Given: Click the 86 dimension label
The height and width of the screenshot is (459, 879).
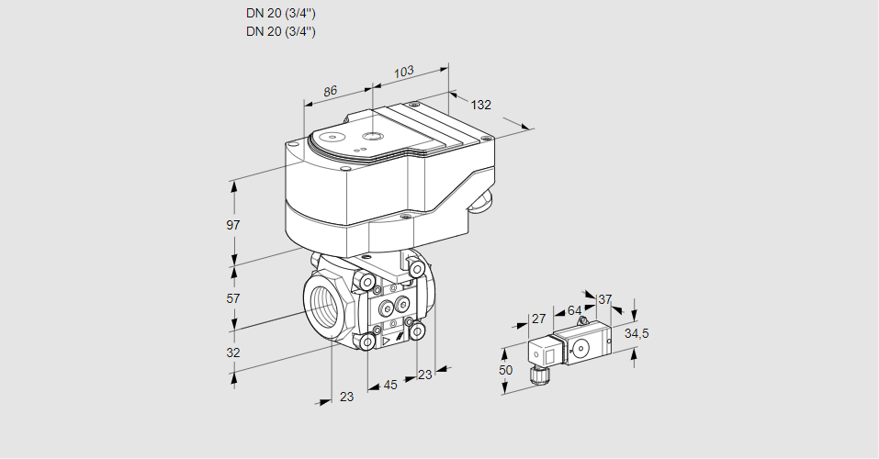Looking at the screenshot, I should coord(331,91).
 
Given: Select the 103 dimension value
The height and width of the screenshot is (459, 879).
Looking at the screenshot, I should coord(403,72).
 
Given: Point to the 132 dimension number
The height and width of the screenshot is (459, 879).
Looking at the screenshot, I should coord(481,105).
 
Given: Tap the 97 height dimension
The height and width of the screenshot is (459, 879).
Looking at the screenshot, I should coord(233,225).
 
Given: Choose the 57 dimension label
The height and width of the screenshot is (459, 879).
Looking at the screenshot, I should coord(233,298).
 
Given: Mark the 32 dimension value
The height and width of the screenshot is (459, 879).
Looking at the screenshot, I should coord(233,353).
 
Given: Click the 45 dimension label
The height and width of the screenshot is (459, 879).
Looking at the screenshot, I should coord(390,386).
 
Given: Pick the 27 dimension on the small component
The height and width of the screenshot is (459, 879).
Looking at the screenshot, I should coord(539,319).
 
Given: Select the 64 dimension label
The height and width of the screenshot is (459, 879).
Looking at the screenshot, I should coord(574,310).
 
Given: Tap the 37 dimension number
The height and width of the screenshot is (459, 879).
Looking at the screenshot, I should coord(604,299).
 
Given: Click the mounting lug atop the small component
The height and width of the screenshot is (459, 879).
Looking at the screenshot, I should coord(581,322).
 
